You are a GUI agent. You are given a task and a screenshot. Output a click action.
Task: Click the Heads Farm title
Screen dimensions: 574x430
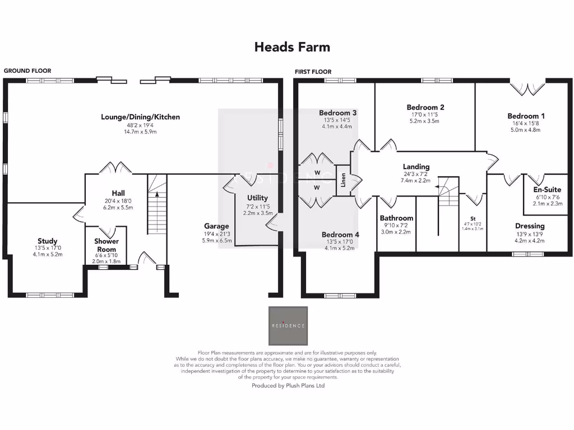point(292,47)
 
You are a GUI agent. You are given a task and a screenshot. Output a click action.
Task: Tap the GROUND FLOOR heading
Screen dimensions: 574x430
point(27,71)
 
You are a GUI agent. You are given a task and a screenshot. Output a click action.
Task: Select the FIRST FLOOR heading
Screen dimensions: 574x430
point(313,72)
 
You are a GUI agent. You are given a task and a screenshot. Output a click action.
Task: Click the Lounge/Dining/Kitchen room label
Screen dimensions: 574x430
point(141,117)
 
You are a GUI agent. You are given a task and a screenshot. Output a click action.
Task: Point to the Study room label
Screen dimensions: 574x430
point(48,241)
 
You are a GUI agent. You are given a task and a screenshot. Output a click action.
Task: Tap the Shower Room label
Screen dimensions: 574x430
point(107,245)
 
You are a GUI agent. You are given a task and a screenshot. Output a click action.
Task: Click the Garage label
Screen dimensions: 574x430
point(216,226)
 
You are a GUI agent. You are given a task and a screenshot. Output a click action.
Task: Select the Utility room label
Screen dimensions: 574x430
point(257,198)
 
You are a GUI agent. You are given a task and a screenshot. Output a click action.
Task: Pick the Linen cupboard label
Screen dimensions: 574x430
point(343,180)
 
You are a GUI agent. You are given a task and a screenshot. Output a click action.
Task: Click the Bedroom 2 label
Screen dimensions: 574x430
point(425,107)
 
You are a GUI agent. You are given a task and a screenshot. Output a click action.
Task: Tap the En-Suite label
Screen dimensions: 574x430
point(547,189)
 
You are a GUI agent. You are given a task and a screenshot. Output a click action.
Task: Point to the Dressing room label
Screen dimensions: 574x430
point(530,226)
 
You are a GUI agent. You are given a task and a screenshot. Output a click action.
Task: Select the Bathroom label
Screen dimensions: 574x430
point(396,218)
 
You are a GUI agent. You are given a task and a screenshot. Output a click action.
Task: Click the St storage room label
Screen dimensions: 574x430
point(473,219)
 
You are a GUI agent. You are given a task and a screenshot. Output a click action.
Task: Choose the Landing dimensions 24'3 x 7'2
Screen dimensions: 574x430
point(415,175)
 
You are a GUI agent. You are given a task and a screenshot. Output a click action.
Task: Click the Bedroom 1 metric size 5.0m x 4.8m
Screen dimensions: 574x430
point(526,129)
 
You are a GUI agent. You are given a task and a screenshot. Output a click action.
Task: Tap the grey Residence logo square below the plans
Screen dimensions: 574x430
point(288,326)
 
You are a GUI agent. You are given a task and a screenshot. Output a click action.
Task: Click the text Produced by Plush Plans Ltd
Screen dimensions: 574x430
point(288,385)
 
